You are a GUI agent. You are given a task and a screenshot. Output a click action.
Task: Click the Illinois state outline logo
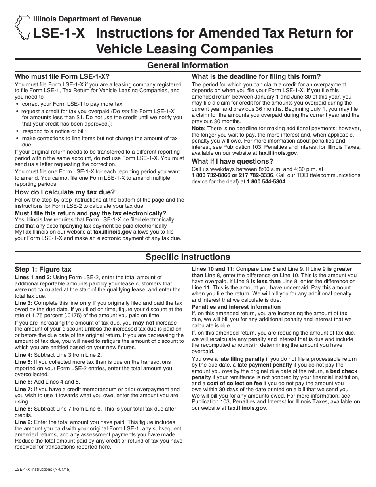(23, 27)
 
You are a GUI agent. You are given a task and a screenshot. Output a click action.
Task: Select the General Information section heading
(188, 65)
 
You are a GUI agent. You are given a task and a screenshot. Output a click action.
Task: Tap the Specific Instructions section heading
(188, 257)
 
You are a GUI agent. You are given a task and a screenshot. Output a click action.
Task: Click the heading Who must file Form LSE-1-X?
(62, 76)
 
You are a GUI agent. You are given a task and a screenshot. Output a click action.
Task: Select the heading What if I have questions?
(232, 161)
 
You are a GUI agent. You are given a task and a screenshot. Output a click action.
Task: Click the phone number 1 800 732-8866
(214, 175)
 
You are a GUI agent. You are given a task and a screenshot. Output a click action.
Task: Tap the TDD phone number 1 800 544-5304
(266, 181)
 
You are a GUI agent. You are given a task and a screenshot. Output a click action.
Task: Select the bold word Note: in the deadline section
(199, 128)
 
